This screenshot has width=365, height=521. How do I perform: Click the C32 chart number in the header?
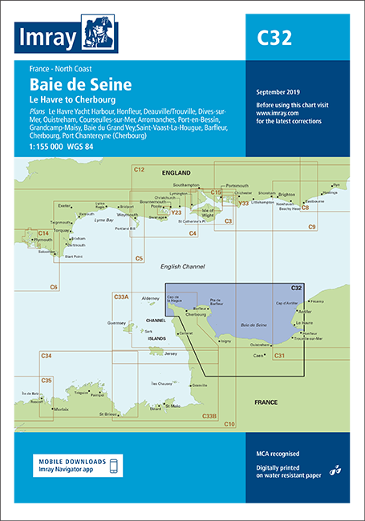coord(274,37)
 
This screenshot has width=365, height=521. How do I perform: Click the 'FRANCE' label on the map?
coord(266,401)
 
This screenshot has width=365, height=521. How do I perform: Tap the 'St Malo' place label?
coord(170,406)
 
